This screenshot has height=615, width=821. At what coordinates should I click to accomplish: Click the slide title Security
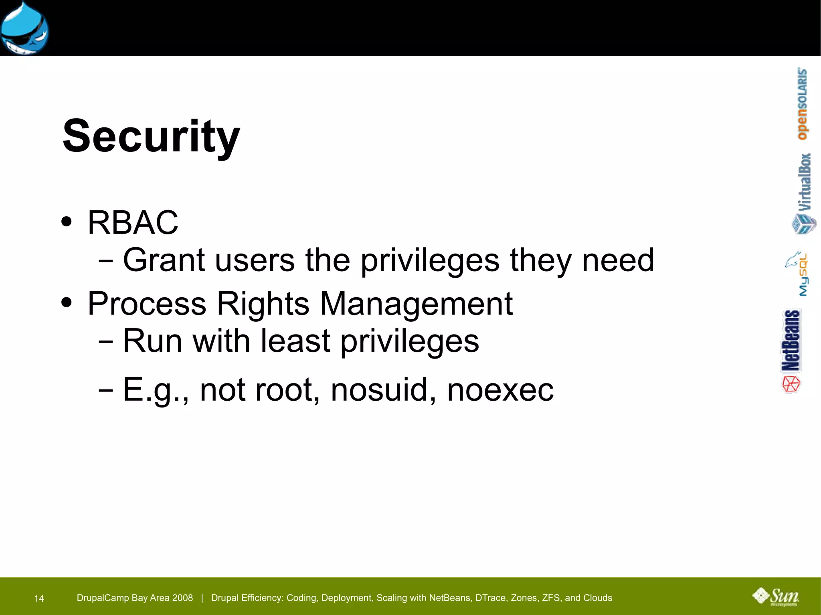[x=151, y=136]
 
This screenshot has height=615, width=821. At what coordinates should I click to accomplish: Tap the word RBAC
[x=133, y=223]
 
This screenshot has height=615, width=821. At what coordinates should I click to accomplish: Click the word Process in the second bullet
[x=147, y=304]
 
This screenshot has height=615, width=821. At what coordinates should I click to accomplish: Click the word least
[x=295, y=341]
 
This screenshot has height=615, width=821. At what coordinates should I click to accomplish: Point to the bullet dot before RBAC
[x=67, y=222]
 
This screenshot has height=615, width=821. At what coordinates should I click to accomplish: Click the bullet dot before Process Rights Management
[x=67, y=303]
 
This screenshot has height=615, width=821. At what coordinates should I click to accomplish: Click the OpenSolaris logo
[x=802, y=104]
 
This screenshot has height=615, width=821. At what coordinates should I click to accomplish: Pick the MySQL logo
[x=798, y=274]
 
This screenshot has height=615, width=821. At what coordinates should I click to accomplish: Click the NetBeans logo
[x=791, y=351]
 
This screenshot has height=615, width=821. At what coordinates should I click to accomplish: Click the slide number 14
[x=39, y=599]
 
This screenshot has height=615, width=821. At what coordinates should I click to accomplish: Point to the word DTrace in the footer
[x=490, y=598]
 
